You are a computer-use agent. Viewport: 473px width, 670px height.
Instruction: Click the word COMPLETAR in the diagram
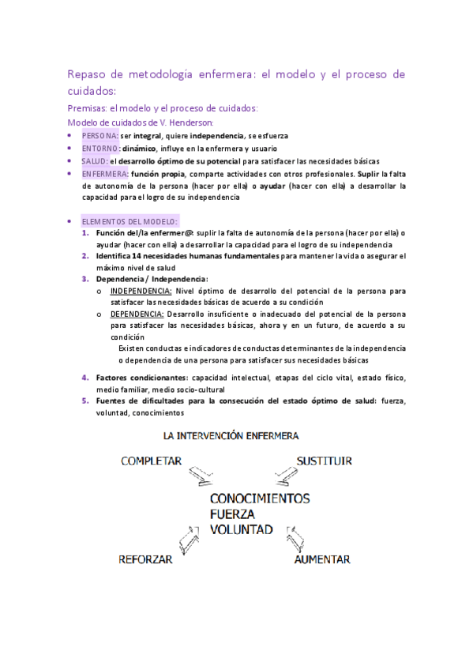pos(152,461)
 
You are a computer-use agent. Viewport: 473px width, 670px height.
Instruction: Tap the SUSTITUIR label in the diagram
pos(324,461)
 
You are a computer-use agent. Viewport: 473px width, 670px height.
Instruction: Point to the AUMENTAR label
pos(321,559)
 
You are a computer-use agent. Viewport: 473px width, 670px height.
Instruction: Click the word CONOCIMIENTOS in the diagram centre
pos(260,499)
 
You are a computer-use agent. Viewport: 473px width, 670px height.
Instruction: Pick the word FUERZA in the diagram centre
pos(234,514)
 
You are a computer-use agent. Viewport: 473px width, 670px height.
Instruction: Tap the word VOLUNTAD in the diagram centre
pos(242,529)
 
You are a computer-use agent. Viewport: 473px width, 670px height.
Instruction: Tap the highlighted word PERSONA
pos(99,136)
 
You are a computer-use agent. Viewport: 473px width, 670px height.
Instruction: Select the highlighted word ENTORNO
pos(100,148)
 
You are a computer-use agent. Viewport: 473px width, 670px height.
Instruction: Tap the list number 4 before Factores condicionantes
pos(86,378)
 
